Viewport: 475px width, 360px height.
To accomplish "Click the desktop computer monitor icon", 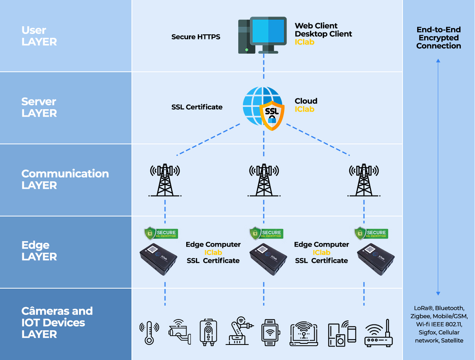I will coord(268,33).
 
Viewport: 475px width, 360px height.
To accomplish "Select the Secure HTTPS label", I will coord(196,37).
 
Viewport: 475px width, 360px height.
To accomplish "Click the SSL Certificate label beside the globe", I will coord(197,107).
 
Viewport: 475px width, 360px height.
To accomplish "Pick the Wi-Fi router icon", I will coord(379,334).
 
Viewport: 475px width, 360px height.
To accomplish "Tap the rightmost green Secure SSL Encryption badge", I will coord(371,233).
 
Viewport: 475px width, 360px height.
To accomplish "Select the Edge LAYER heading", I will coord(39,251).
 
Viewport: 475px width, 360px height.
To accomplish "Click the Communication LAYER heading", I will coord(65,179).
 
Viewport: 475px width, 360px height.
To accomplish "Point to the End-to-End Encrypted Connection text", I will coord(438,38).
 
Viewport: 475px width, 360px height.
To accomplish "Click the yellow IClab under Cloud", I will coord(305,109).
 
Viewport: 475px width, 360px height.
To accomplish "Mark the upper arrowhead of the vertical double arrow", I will coord(438,61).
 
